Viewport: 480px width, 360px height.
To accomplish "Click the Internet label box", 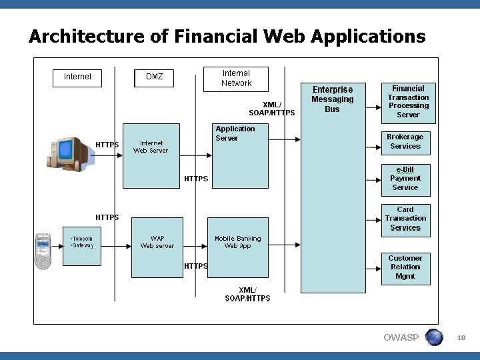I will [77, 77].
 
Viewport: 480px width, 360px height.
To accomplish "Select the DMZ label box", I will [154, 77].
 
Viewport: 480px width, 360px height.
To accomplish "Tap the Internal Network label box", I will [236, 79].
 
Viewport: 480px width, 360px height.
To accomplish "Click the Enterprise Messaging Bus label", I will [332, 99].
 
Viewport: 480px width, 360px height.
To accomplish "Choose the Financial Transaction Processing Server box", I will [408, 102].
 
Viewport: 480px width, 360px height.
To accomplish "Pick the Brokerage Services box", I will [405, 141].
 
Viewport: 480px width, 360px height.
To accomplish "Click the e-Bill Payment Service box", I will [405, 179].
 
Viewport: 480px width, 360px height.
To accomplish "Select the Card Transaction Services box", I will [405, 219].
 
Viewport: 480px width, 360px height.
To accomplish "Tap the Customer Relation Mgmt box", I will [405, 267].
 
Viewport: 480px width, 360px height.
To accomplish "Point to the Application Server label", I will [235, 133].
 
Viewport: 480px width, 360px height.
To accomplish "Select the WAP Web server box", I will [157, 242].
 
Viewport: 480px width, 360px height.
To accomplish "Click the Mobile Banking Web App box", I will [238, 242].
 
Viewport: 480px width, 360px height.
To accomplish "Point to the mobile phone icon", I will [43, 251].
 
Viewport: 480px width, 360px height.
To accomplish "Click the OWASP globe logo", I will [434, 337].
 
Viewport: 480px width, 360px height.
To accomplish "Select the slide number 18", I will [461, 338].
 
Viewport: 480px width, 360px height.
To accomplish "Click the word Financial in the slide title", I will [217, 36].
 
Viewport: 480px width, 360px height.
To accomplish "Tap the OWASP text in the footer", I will [401, 337].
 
